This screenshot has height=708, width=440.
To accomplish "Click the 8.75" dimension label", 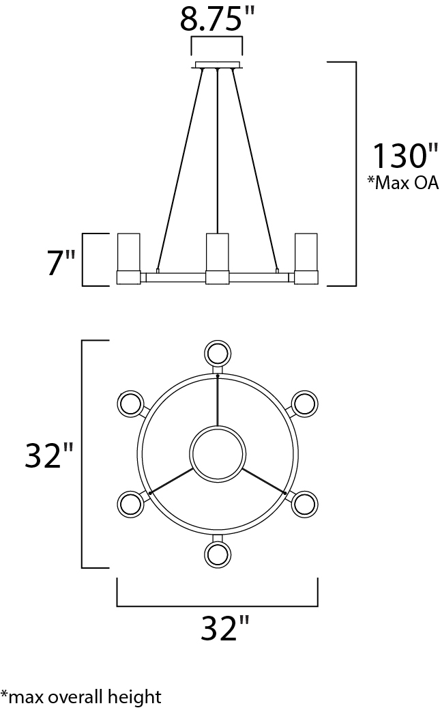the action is click(x=218, y=19).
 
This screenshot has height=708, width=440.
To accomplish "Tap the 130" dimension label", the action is click(x=405, y=156).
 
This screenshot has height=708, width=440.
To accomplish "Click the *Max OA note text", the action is click(x=402, y=183).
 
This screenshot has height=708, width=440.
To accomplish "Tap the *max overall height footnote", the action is click(x=80, y=696).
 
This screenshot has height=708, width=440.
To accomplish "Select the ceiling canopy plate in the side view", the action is click(x=218, y=65).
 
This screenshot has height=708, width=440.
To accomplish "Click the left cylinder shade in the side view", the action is click(x=129, y=259).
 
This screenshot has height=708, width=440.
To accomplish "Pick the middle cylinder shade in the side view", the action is click(x=218, y=259).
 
